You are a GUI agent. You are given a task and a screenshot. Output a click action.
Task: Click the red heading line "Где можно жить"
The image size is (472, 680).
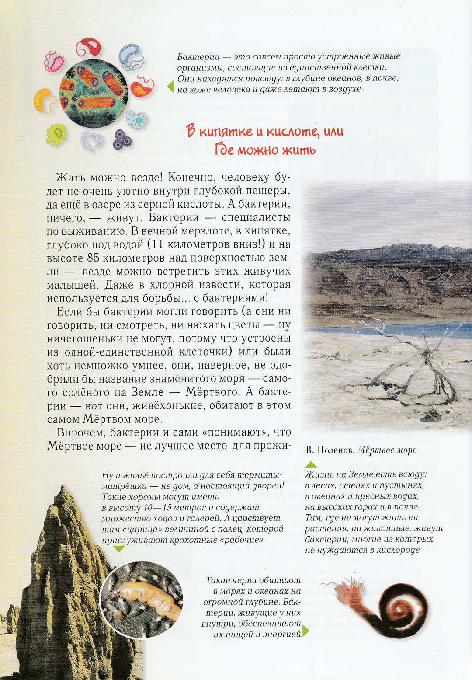click(265, 150)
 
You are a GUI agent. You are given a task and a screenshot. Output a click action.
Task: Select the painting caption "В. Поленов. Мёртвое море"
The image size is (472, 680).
click(361, 450)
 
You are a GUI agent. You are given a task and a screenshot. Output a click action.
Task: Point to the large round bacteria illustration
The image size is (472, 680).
click(93, 94)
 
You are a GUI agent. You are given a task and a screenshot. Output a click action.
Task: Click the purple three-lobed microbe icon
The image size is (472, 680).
click(122, 139)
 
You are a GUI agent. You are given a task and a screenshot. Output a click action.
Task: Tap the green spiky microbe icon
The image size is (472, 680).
click(56, 134)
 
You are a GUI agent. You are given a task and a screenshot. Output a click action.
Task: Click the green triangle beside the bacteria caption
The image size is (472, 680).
click(170, 86)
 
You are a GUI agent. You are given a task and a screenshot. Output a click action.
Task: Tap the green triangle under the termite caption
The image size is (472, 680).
click(118, 549)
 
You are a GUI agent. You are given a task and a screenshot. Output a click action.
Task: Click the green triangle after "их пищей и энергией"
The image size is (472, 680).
click(305, 631)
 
